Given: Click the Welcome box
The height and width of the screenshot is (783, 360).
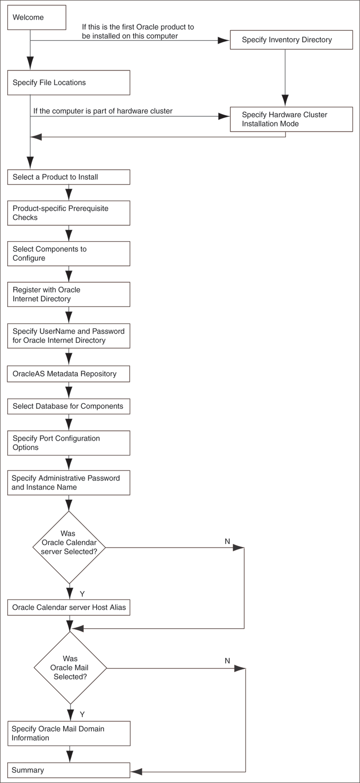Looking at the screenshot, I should tap(37, 17).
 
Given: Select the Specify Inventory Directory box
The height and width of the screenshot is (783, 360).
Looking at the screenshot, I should tap(291, 40).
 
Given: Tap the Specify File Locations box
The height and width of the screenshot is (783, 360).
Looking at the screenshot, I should tap(68, 82).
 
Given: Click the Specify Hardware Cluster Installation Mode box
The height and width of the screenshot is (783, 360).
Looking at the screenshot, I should tap(291, 119).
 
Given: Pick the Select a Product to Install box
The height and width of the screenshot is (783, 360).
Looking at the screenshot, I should tap(68, 177).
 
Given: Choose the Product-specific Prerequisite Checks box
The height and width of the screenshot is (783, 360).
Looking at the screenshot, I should tap(68, 213).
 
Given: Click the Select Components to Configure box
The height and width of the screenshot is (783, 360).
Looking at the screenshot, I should tap(68, 253).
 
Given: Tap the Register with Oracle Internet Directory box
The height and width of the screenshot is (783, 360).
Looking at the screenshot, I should tap(68, 294).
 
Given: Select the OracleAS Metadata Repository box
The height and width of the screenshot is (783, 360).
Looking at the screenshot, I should tap(68, 374).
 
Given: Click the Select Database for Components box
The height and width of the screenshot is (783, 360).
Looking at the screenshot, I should tap(68, 406).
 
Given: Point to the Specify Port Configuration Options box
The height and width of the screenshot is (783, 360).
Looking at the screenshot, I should tap(68, 443).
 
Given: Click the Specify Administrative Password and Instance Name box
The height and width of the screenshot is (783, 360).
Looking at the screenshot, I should tap(68, 483).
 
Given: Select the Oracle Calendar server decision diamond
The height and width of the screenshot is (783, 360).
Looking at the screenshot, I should tap(68, 547).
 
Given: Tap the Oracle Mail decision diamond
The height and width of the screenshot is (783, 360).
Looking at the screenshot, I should tap(70, 668).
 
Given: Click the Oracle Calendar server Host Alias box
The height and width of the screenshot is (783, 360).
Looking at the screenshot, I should tap(68, 607).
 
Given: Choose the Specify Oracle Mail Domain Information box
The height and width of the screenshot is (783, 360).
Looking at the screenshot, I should tap(68, 733).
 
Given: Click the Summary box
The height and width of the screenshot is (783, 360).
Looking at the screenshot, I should tap(68, 770).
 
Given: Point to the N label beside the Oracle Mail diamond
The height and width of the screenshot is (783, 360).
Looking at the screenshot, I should tap(227, 661).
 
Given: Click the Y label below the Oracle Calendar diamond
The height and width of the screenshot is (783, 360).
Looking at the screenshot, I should tap(82, 594).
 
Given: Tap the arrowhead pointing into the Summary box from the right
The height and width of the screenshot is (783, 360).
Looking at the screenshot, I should tap(136, 771).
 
